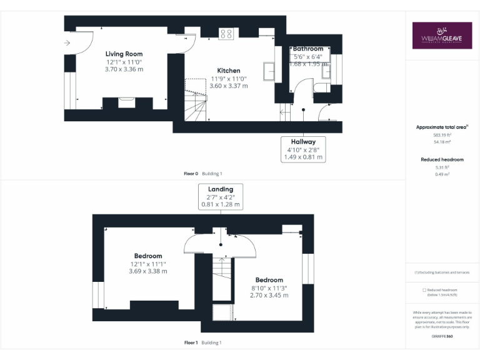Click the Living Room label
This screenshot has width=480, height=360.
point(124,54)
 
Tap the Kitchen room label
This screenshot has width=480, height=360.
point(228,71)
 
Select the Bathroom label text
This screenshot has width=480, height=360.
point(309,49)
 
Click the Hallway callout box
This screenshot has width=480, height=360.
point(304,149)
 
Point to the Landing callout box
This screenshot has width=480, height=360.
point(220,196)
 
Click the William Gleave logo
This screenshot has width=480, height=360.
point(442,36)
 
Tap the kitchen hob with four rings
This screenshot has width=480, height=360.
point(226,34)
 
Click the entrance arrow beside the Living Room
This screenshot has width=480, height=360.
point(67,43)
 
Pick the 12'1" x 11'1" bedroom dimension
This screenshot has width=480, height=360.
point(148,264)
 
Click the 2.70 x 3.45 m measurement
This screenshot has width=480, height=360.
point(269,295)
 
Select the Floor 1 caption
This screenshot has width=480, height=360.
point(191,342)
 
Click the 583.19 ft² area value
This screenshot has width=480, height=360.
point(442,135)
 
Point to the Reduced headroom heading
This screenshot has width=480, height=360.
point(442,160)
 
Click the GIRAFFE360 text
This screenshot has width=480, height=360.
point(442,337)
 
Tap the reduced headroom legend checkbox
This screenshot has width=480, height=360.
point(424,290)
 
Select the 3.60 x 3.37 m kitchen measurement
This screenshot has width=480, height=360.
point(228,86)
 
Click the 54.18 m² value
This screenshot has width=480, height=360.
point(442,142)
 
